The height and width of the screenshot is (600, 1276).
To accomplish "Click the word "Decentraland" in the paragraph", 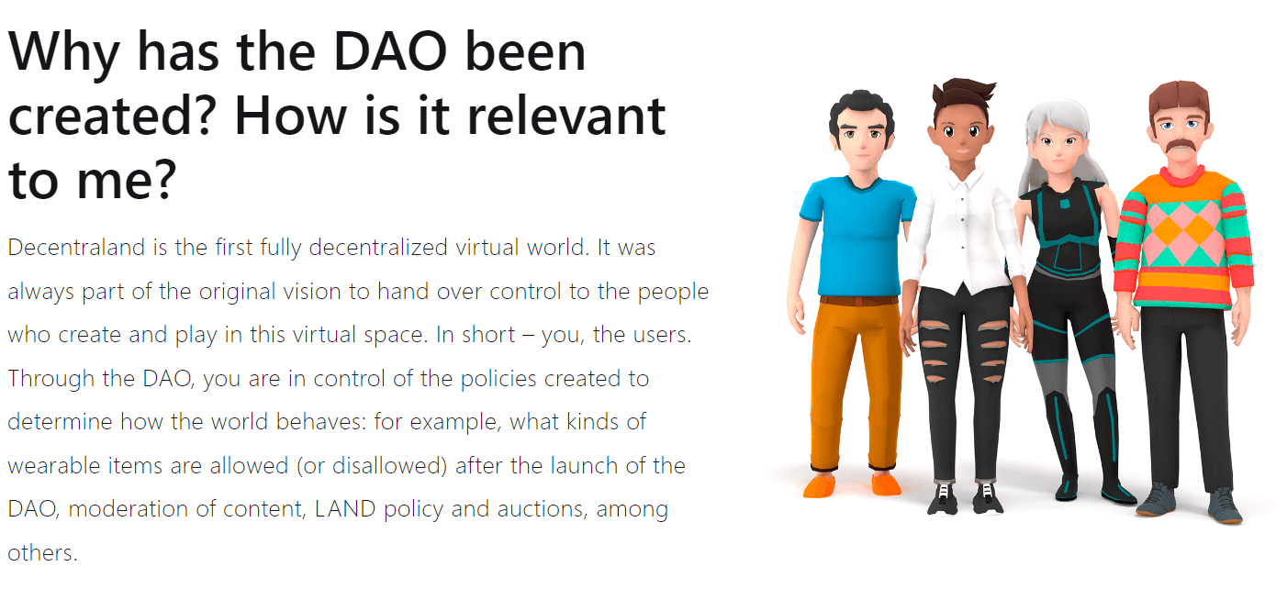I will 76,248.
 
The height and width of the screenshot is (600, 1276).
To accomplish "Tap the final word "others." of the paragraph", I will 42,552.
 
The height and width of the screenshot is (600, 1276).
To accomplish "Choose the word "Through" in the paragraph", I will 50,378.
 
